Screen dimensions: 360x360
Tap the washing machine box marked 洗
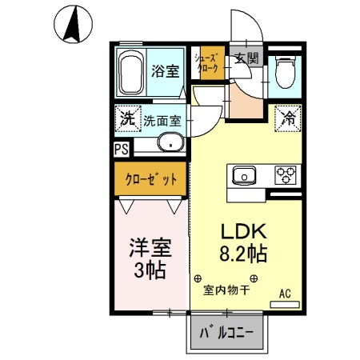[x=127, y=119]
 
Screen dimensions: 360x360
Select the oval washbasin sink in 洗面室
[x=170, y=144]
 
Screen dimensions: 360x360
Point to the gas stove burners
[x=286, y=174]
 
